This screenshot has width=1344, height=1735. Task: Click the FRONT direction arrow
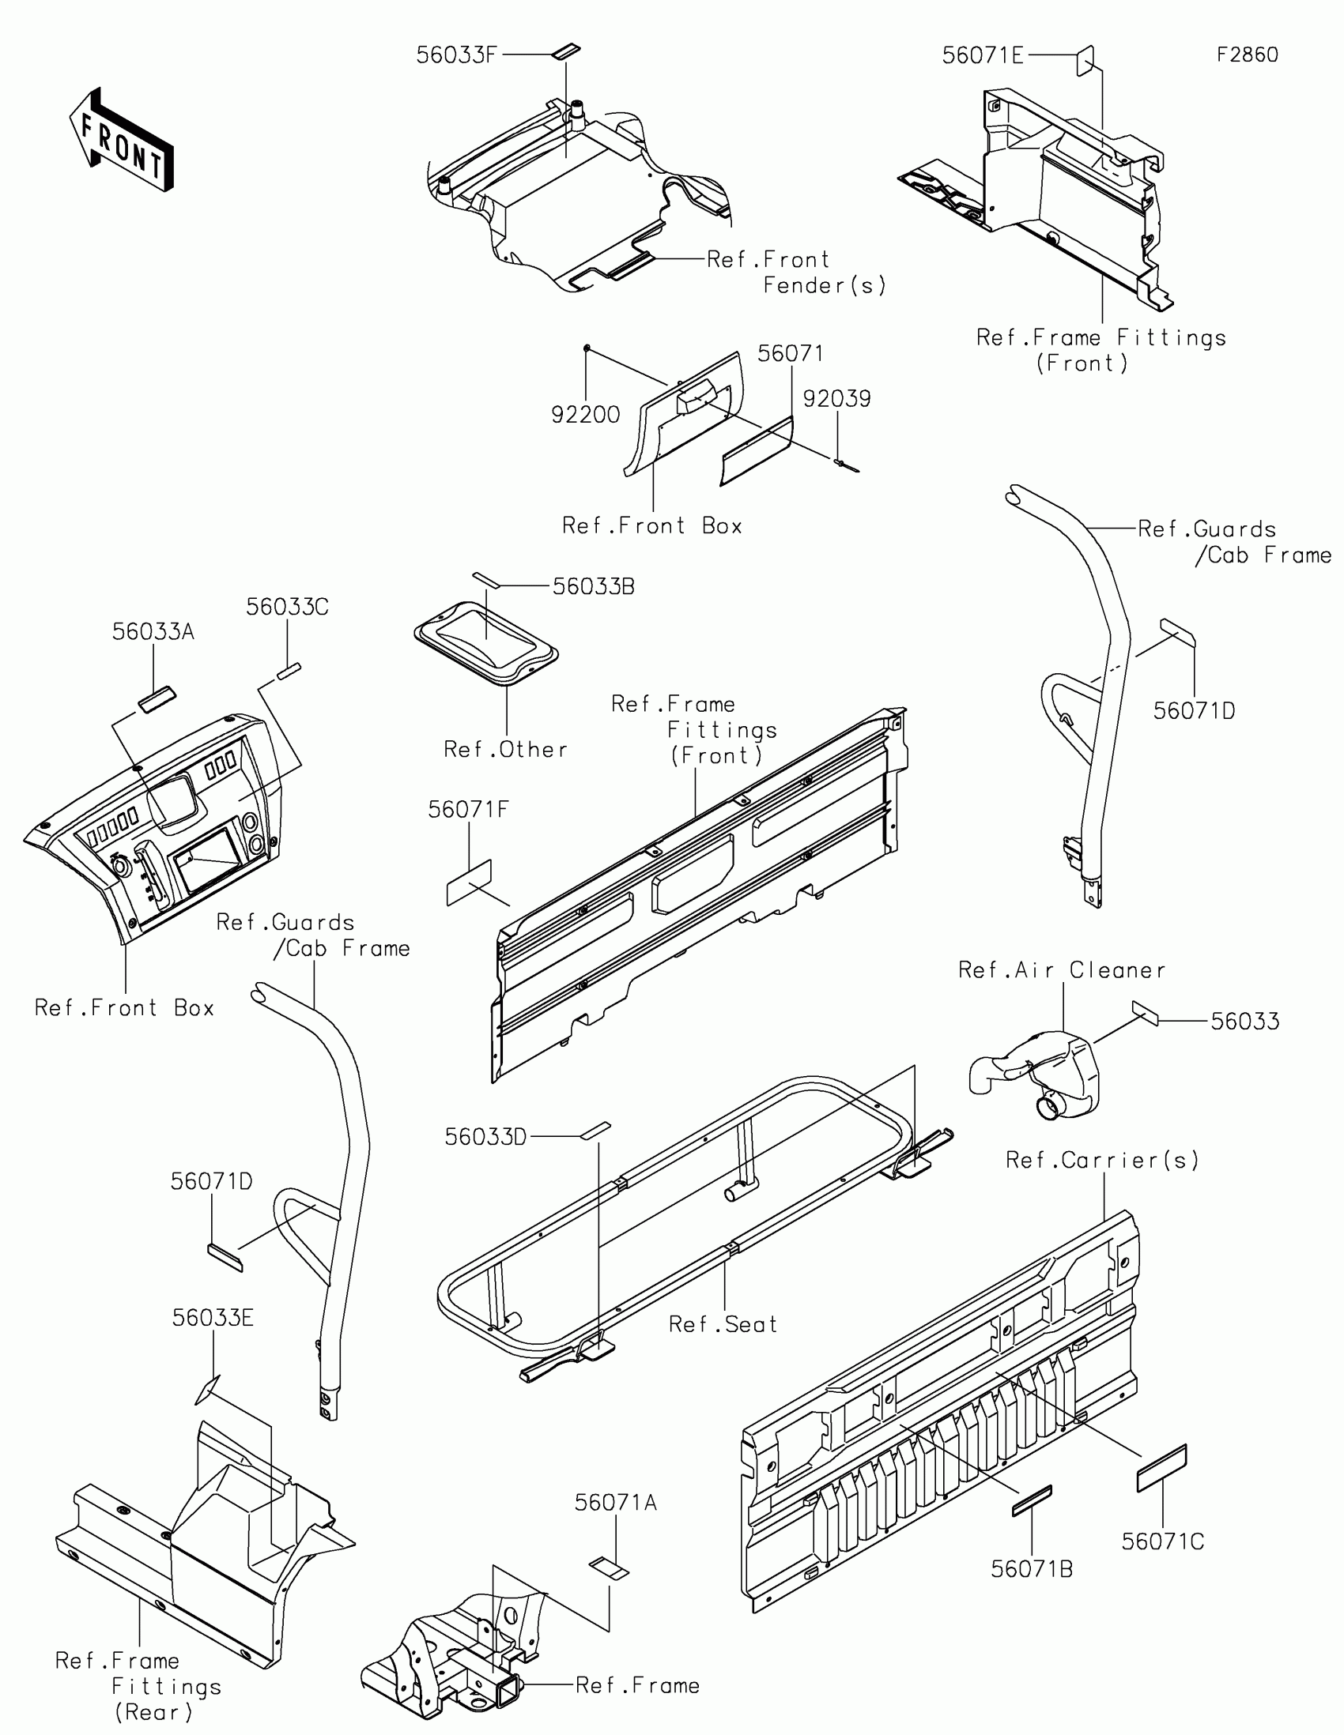(121, 139)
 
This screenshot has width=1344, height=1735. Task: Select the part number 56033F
(457, 55)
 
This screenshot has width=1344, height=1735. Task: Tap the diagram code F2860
(1247, 55)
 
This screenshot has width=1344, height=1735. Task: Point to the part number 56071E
(983, 55)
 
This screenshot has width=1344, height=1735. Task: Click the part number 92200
(586, 414)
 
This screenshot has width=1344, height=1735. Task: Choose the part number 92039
(836, 399)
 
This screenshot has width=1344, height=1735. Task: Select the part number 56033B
(593, 586)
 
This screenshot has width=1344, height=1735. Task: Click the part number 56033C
(287, 607)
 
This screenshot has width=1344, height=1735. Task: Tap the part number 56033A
(153, 631)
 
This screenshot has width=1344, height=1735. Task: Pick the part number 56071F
(468, 810)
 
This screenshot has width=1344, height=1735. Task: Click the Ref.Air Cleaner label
(1061, 970)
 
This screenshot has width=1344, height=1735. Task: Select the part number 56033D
(485, 1137)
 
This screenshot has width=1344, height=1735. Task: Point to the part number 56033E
(213, 1318)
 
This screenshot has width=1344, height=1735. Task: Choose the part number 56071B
(1032, 1569)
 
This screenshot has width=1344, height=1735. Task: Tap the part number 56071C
(1163, 1541)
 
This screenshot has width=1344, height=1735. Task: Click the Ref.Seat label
(723, 1324)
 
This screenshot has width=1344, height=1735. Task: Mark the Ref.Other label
(505, 749)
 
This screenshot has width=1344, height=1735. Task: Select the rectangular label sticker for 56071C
(1161, 1468)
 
